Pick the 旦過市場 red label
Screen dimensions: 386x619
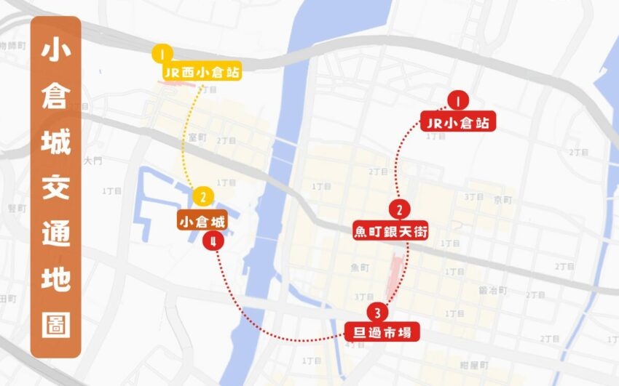click(x=382, y=332)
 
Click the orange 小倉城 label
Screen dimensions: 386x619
click(x=202, y=220)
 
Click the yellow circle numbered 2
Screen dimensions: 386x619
click(x=202, y=196)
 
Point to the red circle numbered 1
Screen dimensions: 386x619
click(x=458, y=99)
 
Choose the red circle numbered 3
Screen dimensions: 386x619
click(x=376, y=313)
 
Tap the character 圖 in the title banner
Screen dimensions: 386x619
click(x=56, y=324)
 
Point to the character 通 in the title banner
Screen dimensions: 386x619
click(x=56, y=233)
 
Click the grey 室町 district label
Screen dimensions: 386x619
click(x=197, y=137)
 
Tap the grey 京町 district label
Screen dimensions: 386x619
click(x=503, y=199)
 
